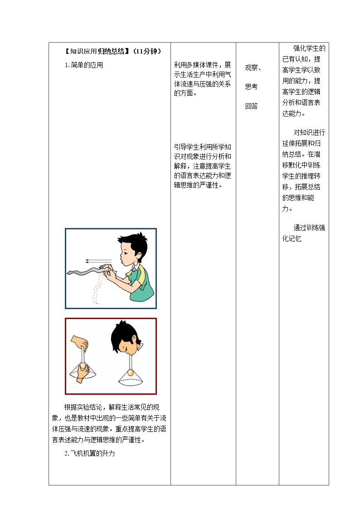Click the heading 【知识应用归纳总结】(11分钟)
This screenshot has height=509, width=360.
tap(112, 51)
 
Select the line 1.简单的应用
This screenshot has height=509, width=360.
tap(84, 65)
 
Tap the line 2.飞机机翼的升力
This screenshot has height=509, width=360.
tap(90, 453)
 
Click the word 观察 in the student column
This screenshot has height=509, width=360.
tap(251, 68)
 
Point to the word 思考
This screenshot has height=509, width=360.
tap(251, 87)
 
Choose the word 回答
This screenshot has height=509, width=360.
tap(251, 106)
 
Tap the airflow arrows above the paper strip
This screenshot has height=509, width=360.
tap(98, 261)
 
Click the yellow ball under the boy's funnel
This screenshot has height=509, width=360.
tap(131, 373)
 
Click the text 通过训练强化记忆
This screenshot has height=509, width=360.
tap(303, 233)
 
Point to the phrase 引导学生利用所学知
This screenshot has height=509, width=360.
tap(203, 147)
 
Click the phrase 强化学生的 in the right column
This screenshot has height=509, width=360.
tap(309, 48)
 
